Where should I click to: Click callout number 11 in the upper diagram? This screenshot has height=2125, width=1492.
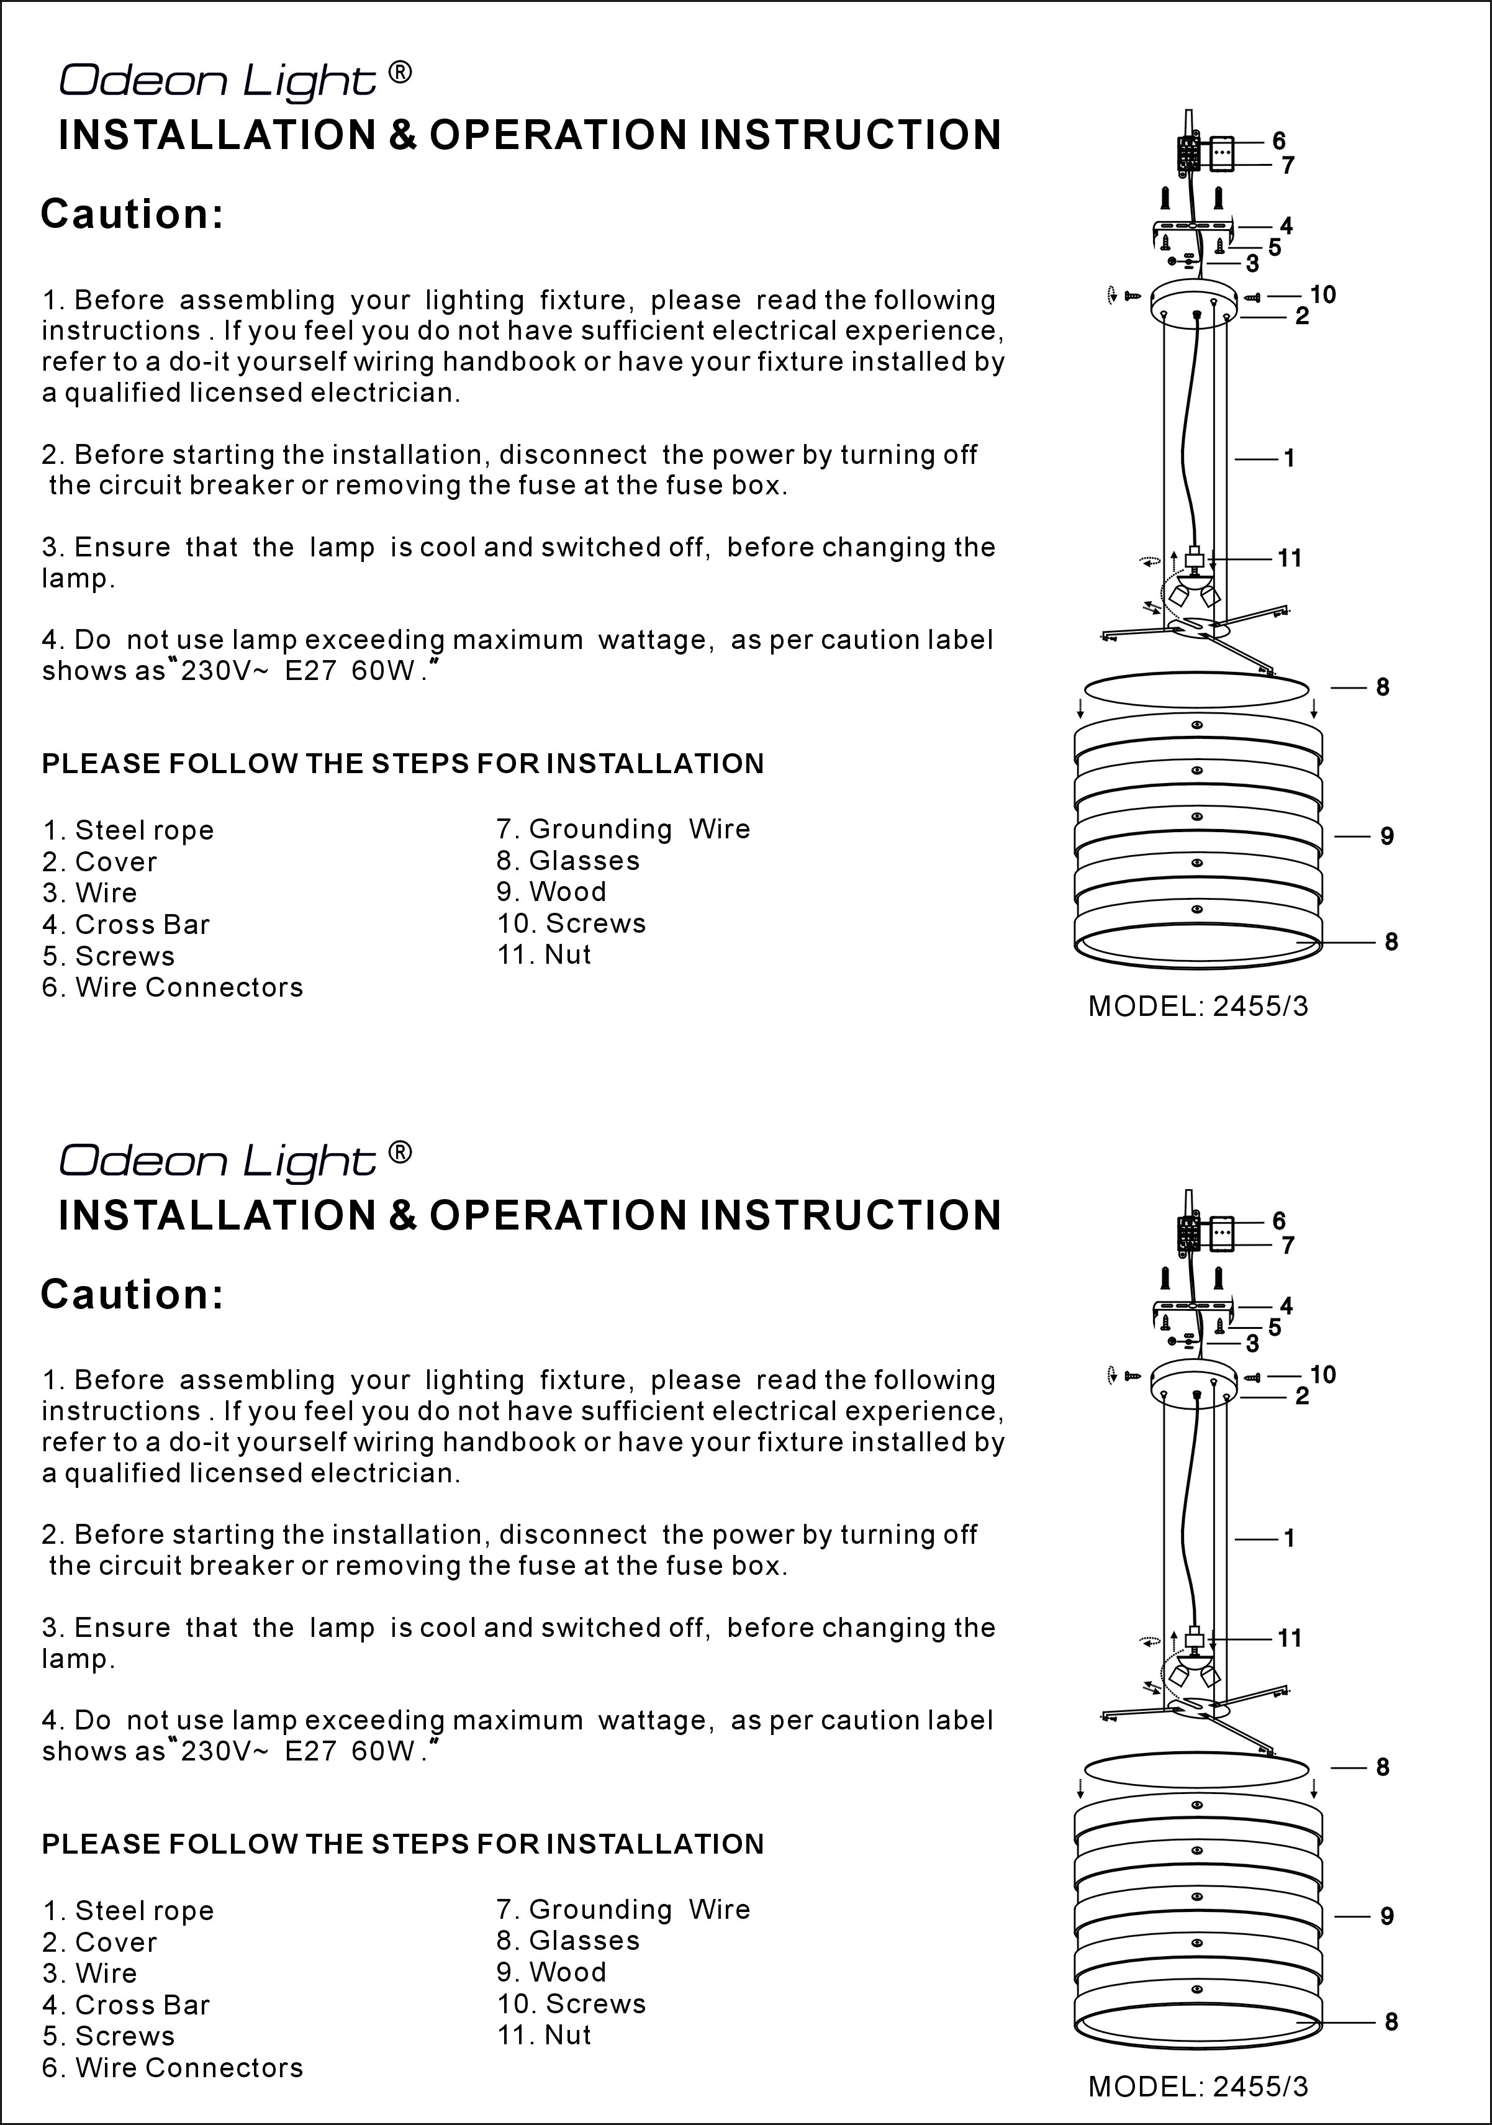[1290, 558]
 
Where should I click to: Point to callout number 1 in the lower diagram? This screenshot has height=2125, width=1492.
[1288, 1538]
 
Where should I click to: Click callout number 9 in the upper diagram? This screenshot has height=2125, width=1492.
[1386, 836]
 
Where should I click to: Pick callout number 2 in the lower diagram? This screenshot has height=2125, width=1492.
[1301, 1396]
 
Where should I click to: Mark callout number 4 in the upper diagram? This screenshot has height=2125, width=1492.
[1286, 225]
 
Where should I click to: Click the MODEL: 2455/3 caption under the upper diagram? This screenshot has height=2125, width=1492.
[1198, 1006]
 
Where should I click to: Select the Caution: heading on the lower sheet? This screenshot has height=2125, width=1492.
[132, 1294]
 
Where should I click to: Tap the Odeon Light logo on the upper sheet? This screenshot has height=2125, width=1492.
[217, 81]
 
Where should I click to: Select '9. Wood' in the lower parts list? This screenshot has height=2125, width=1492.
[551, 1972]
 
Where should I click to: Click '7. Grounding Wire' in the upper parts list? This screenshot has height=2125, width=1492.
[623, 829]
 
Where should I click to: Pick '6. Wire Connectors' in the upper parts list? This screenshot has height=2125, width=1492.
[172, 987]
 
